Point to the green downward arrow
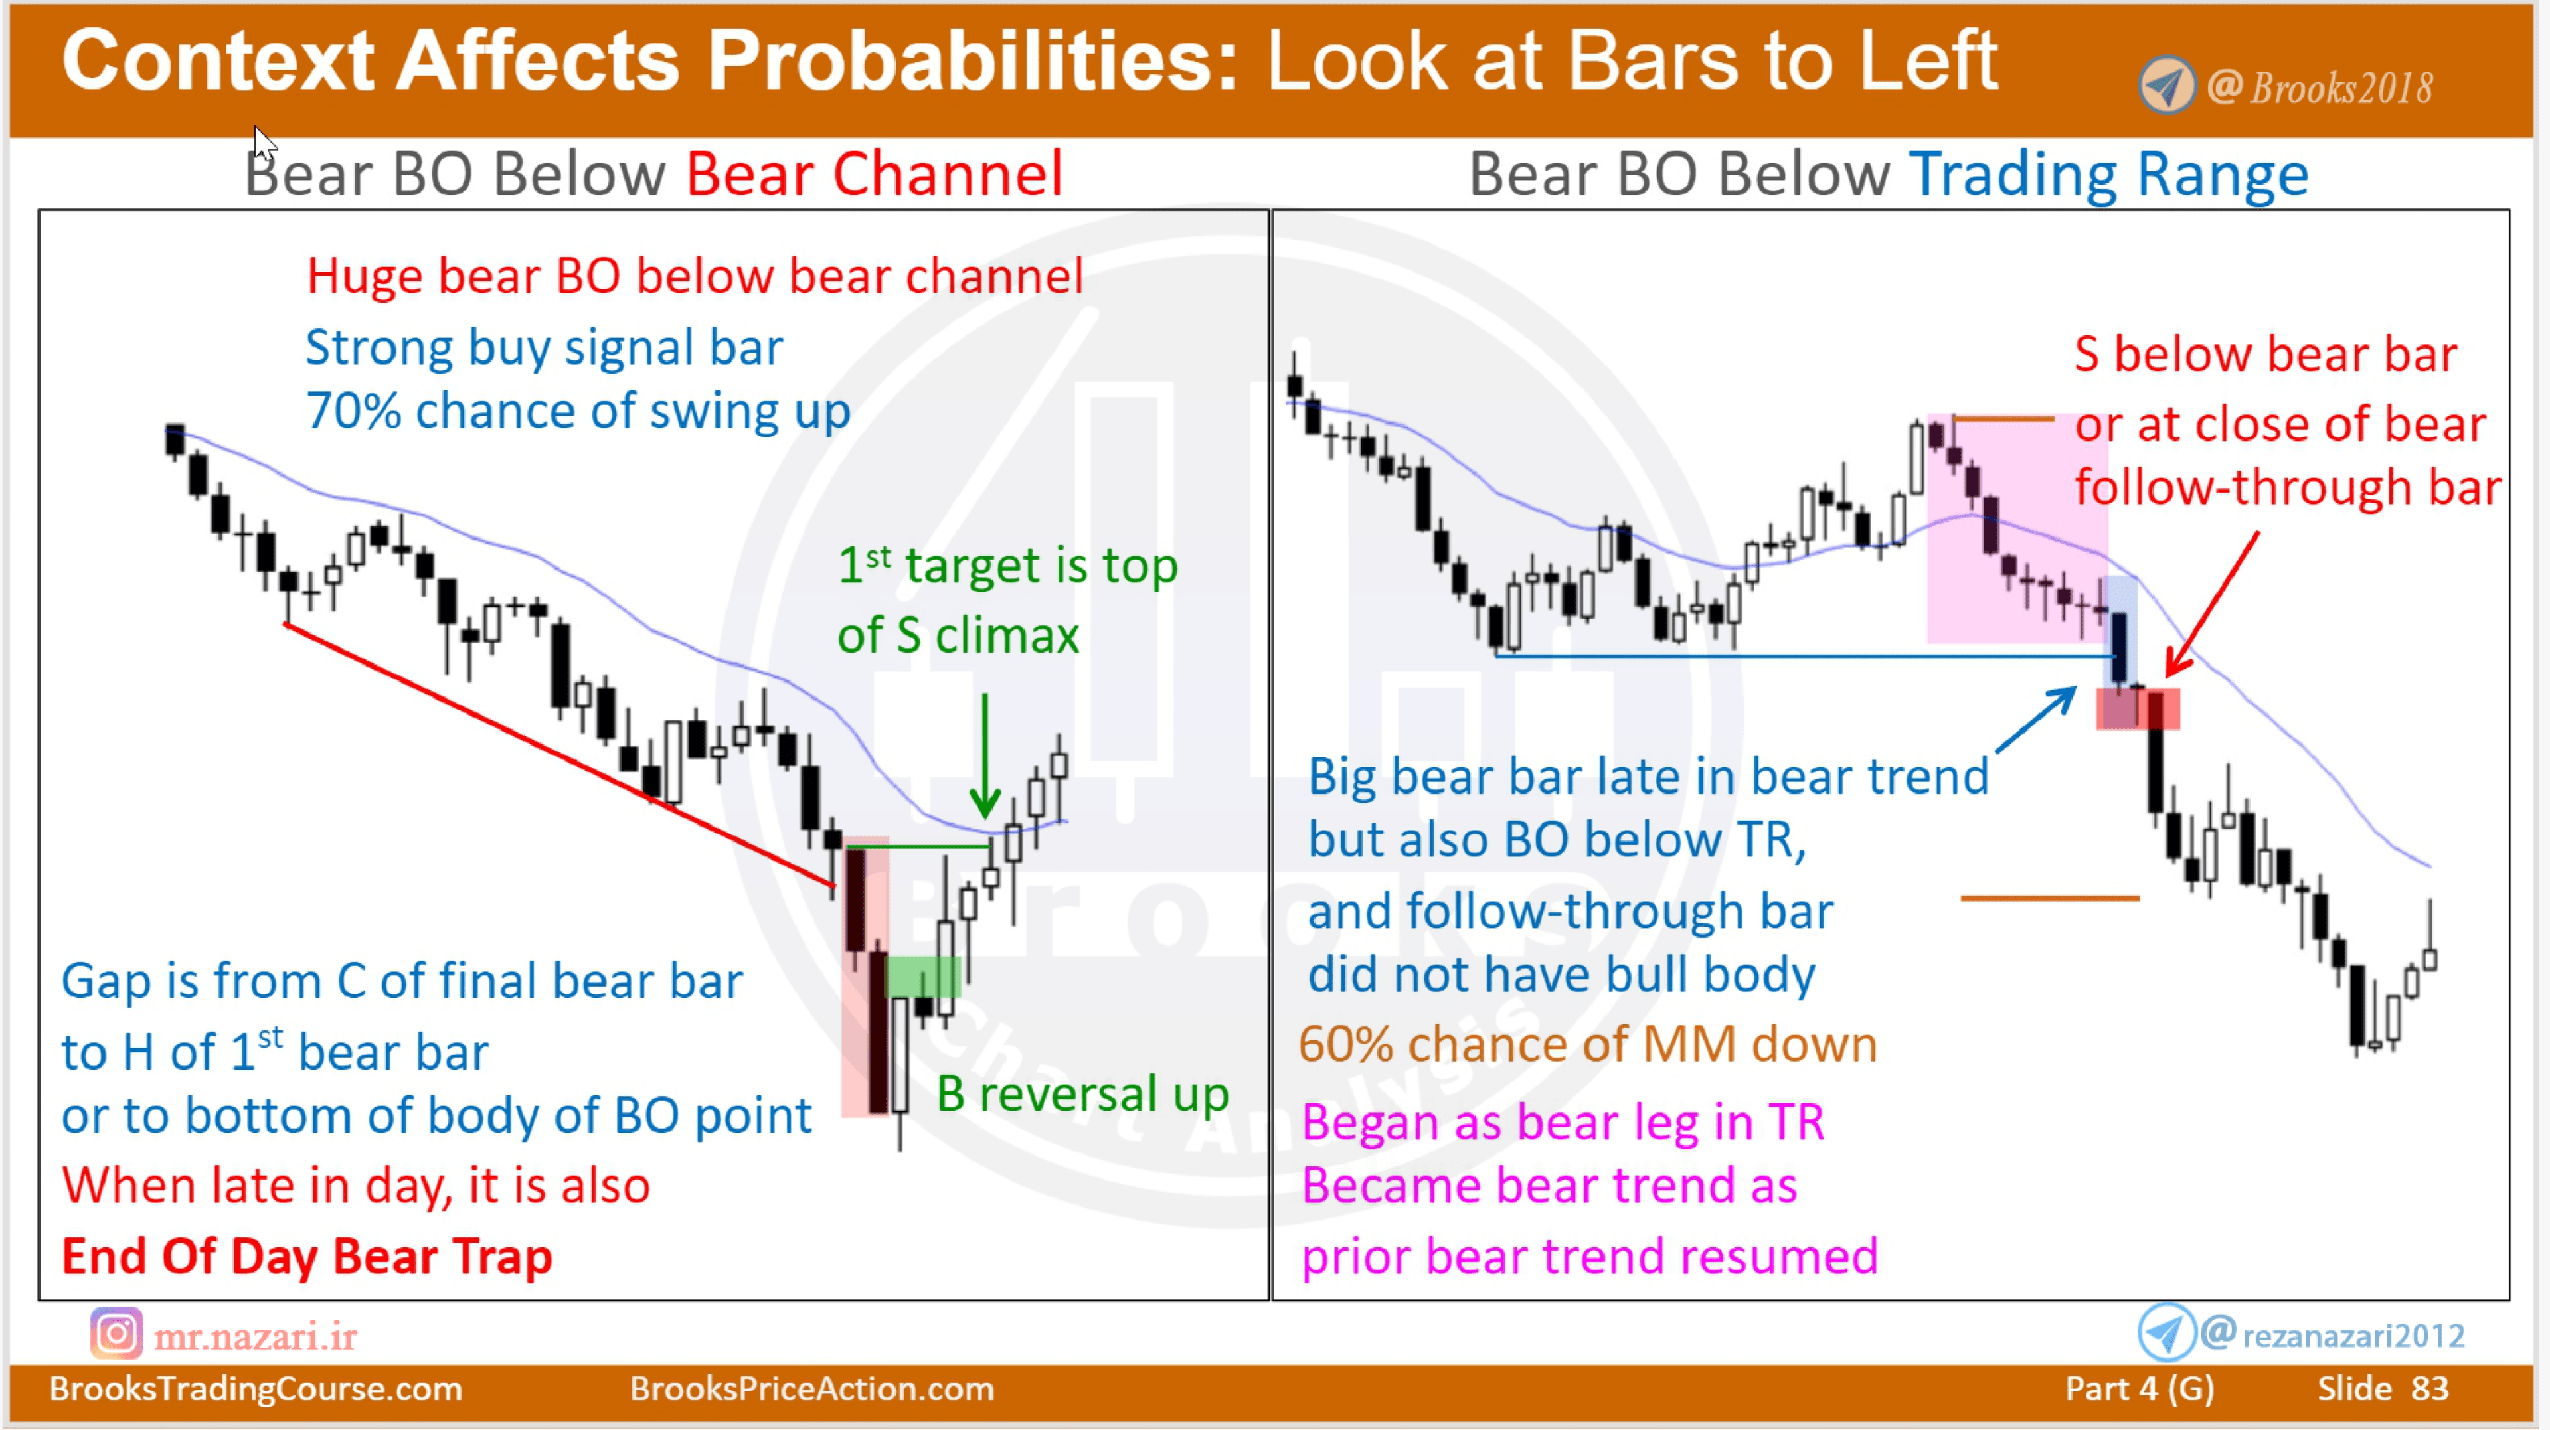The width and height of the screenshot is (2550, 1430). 985,755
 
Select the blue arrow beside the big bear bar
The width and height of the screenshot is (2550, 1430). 2036,720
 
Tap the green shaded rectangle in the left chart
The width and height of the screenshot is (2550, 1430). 922,977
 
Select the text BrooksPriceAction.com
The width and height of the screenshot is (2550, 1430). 811,1388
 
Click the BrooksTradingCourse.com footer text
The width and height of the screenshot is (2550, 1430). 256,1388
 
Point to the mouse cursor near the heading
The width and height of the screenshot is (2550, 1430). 264,143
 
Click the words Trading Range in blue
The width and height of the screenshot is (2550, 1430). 2108,175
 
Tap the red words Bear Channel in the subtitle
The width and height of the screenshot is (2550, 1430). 874,175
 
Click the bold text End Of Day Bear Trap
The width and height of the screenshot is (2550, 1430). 307,1257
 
